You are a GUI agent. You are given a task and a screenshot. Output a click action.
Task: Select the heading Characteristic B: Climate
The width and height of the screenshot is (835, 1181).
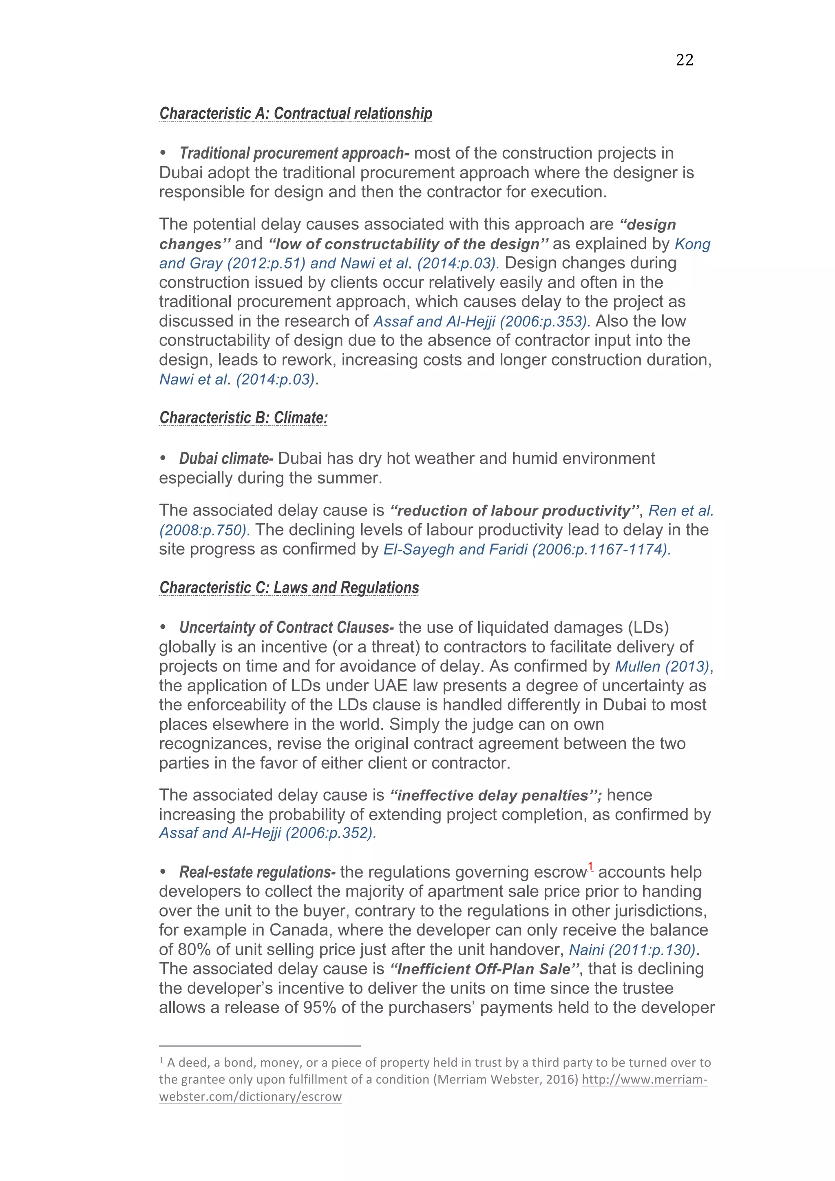pos(243,418)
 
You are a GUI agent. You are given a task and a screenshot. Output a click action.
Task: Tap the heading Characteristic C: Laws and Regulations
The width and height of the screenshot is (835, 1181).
pos(289,587)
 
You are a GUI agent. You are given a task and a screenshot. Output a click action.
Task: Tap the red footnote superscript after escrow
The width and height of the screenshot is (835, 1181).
pos(591,867)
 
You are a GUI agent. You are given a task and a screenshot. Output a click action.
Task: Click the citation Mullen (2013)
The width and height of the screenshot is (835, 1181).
pos(662,667)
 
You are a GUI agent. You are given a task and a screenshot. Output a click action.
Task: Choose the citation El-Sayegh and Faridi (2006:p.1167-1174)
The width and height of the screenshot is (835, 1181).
pos(527,549)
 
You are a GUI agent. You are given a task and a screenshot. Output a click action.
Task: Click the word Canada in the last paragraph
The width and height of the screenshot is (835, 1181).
pos(301,930)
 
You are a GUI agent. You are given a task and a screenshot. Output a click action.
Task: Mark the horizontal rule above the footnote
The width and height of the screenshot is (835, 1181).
pos(260,1046)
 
